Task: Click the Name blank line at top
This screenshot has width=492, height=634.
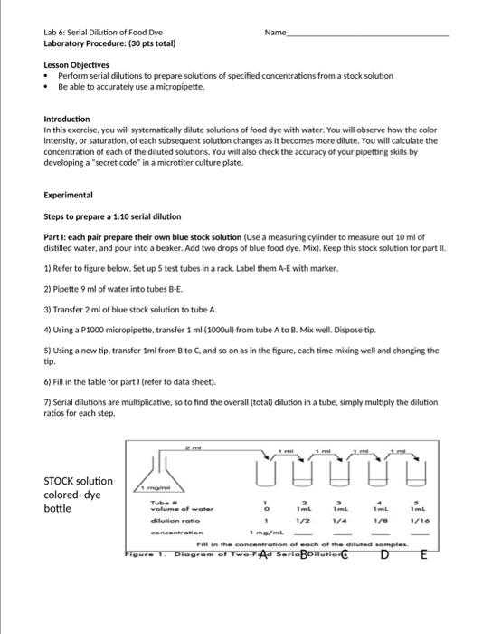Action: tap(366, 34)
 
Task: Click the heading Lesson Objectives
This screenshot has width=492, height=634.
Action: tap(76, 65)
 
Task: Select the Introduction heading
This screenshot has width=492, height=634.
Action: tap(67, 119)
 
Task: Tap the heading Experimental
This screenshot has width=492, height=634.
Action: tap(69, 195)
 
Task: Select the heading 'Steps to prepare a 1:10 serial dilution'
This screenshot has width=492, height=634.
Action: tap(112, 216)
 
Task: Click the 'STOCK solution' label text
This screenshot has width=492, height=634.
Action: tap(79, 481)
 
